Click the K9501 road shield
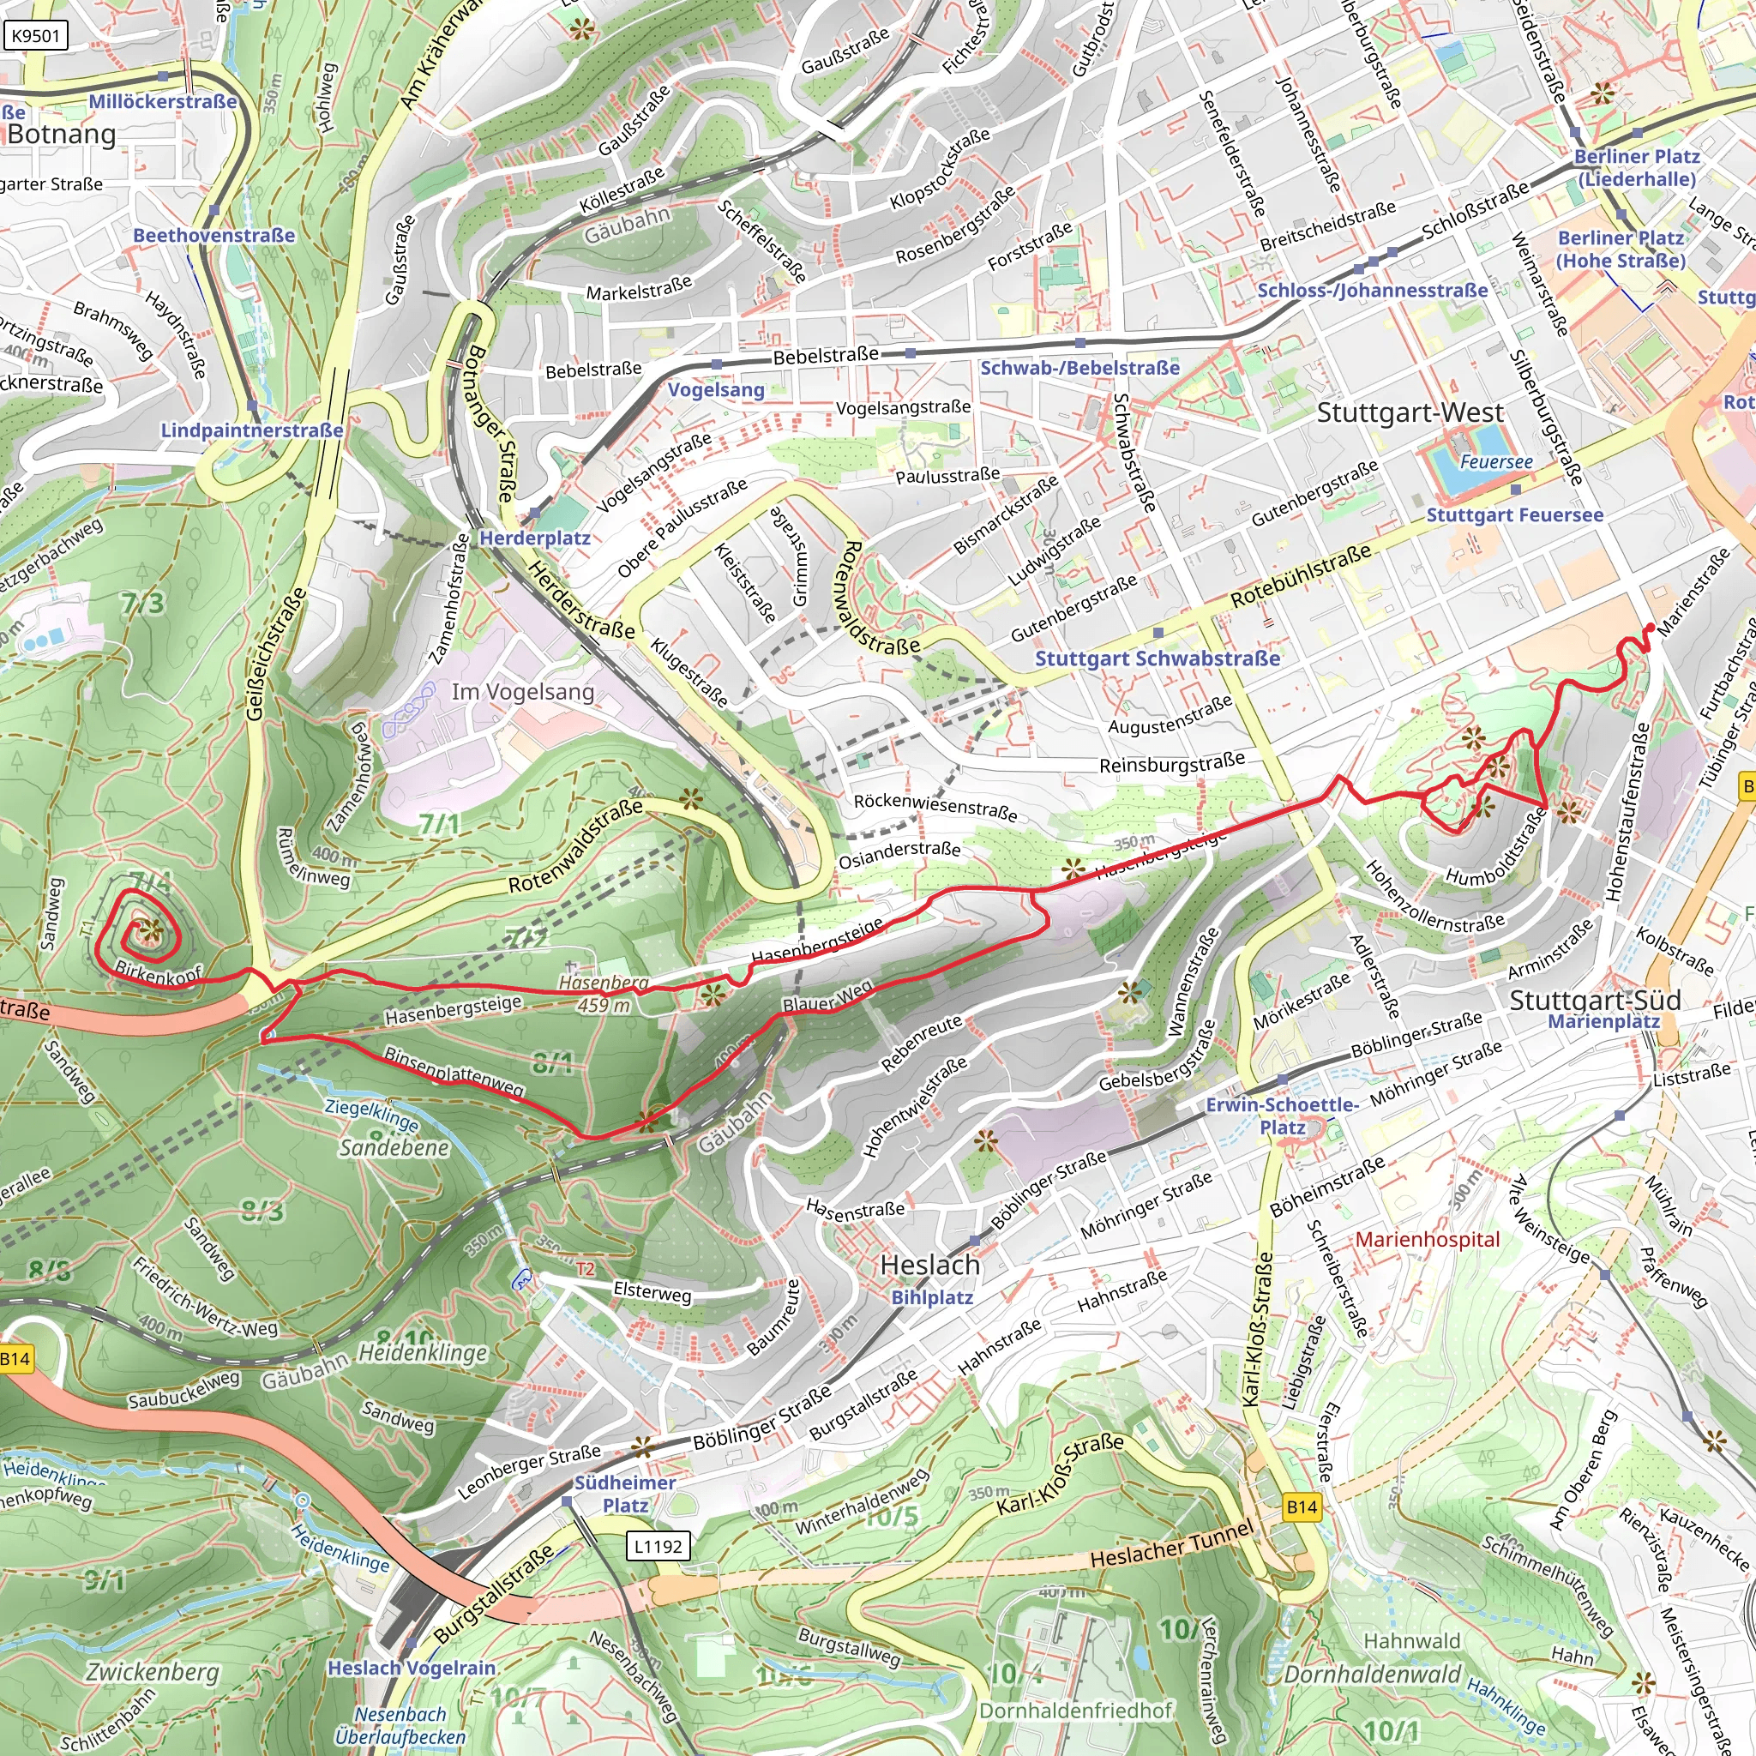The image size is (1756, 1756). (x=35, y=36)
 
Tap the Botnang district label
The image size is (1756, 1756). (x=62, y=135)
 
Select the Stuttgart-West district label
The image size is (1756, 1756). (x=1410, y=412)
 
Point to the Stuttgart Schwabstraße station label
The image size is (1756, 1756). (x=1157, y=658)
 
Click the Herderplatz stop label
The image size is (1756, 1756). (x=534, y=538)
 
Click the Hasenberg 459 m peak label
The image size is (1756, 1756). (x=604, y=994)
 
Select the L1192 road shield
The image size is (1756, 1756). (x=657, y=1545)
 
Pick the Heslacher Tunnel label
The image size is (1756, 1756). (x=1171, y=1545)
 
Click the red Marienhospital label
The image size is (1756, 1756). (x=1428, y=1240)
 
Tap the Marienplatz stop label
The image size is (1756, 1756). (x=1603, y=1020)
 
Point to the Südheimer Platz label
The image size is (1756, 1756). (x=625, y=1494)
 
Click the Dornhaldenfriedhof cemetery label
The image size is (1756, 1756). (x=1075, y=1711)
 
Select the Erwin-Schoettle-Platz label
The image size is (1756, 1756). (x=1282, y=1116)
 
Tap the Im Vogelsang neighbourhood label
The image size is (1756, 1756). (x=523, y=692)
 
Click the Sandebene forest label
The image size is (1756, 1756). (x=394, y=1148)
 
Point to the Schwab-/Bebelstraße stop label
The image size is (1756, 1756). (x=1079, y=368)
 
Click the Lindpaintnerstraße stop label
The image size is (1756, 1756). (x=252, y=430)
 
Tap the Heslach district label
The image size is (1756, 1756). (x=929, y=1266)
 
